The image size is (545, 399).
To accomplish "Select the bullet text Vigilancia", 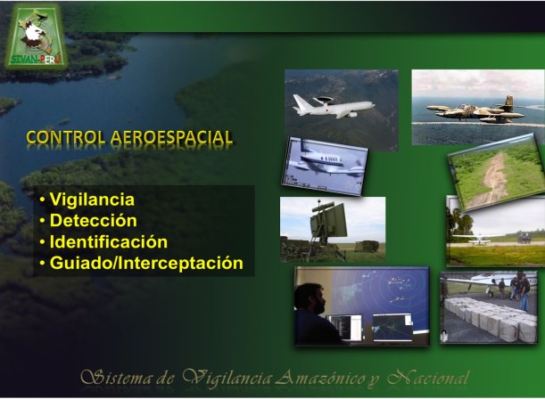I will (x=92, y=200).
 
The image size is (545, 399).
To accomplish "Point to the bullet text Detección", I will (x=93, y=221).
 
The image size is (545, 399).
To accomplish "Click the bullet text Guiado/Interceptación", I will (x=145, y=263).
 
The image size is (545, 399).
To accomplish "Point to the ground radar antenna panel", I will (x=327, y=219).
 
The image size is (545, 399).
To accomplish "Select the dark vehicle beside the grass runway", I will (x=524, y=237).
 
